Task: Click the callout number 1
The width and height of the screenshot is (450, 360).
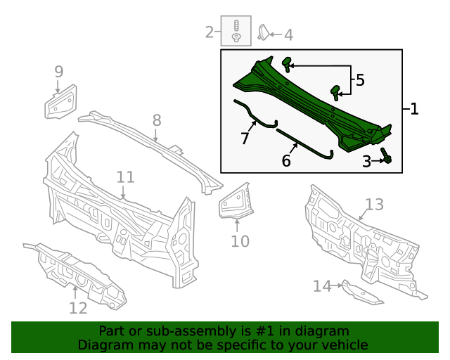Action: pos(414,109)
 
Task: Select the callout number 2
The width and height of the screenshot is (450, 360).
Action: pos(210,32)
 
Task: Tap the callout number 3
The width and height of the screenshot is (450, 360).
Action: pos(366,162)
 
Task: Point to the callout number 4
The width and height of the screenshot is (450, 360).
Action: pos(288,34)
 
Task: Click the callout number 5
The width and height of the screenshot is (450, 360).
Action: pos(360,80)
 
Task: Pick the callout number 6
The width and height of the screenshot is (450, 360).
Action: pos(286,161)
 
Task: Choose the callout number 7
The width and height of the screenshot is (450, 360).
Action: pos(245,139)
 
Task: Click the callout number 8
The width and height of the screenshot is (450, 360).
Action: pos(157,120)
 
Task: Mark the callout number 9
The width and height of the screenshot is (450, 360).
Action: pos(59,71)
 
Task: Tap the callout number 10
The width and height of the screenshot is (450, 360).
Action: pos(240,241)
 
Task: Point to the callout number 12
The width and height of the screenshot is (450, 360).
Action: pos(78,308)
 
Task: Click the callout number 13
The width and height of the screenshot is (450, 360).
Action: pos(374,204)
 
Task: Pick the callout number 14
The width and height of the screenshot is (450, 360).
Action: pos(322,285)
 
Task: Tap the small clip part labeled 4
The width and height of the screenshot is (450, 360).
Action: pos(263,32)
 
